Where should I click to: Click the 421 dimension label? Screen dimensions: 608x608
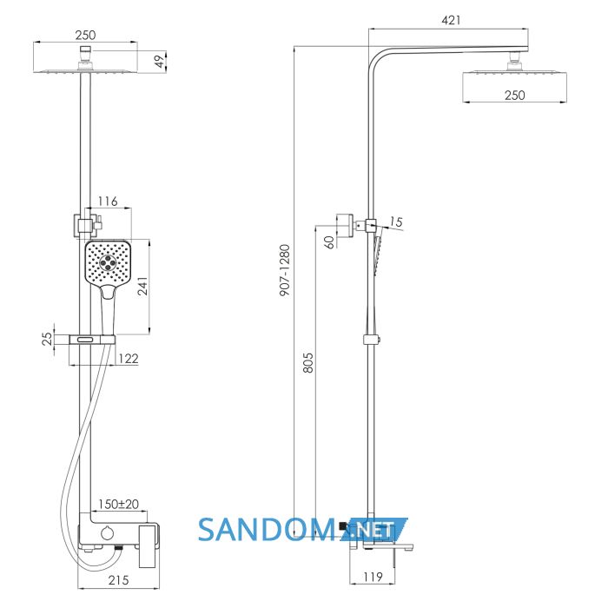click(x=451, y=20)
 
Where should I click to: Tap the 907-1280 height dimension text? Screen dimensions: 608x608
click(x=285, y=270)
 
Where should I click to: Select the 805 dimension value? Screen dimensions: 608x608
click(x=307, y=362)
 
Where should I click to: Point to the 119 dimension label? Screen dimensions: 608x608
click(x=373, y=577)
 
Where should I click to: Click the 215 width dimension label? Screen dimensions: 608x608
click(x=118, y=580)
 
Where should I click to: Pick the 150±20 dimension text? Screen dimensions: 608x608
click(x=118, y=504)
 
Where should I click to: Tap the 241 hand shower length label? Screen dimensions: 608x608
click(x=143, y=286)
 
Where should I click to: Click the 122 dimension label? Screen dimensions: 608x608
click(x=129, y=358)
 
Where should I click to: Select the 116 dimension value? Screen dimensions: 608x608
click(x=108, y=202)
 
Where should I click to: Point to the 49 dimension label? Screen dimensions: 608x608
click(x=159, y=62)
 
